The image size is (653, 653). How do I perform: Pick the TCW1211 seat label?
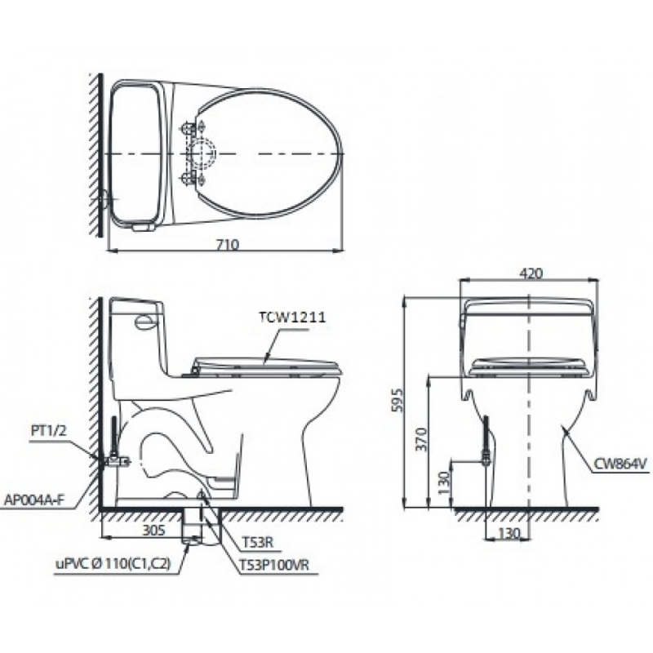coord(292,319)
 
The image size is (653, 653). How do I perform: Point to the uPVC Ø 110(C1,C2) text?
coord(113,563)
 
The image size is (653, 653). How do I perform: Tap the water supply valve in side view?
coord(114,460)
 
